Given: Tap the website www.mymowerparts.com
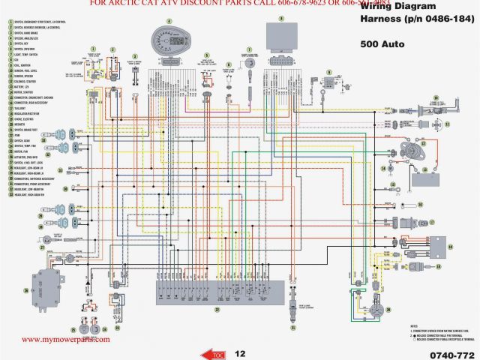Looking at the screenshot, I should click(x=65, y=339).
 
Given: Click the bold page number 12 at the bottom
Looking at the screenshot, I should click(x=240, y=352).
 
